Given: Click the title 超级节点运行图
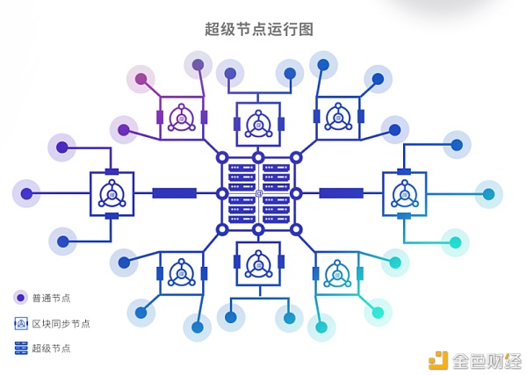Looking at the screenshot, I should coord(259,29).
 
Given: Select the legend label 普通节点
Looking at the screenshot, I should coord(51,298).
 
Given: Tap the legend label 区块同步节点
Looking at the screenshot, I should coord(61,323).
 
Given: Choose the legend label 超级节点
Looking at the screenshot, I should coord(51,348).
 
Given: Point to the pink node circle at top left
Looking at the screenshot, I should coord(141,79).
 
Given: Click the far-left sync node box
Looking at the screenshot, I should coord(112,193).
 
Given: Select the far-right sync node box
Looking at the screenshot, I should coord(404,193).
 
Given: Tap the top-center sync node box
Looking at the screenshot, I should coord(258,124).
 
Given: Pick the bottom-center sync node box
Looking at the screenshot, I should coord(258,263).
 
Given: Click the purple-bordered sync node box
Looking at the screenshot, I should coord(182,118).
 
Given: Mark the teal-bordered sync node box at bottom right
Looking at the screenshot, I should coord(336,273).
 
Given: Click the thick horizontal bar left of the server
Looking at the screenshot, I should coord(174,193).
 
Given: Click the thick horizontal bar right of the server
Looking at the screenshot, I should coord(341,193).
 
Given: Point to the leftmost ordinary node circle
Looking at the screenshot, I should coord(26,193).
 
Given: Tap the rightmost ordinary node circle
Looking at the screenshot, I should coord(488,193).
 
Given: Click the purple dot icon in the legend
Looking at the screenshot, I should coord(20,298).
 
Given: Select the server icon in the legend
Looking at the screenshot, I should coord(20,348).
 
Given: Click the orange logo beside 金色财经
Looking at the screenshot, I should coord(437,360).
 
